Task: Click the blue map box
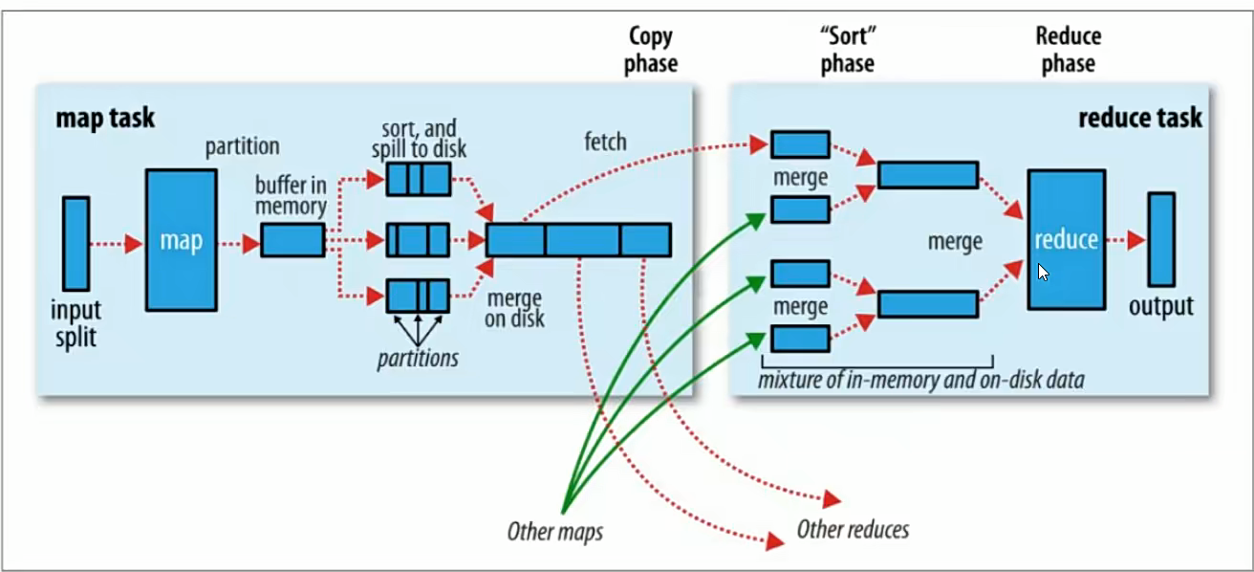(181, 239)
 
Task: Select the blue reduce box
(1066, 239)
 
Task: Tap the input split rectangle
(76, 243)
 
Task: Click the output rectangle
(1161, 239)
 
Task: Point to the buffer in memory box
(292, 239)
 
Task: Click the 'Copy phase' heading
(652, 50)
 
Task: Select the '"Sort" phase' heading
(847, 50)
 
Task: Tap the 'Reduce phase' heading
(1069, 50)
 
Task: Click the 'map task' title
(105, 119)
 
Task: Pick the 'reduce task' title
(1140, 119)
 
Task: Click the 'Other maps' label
(555, 531)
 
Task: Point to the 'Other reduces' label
(853, 529)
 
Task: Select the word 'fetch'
(605, 143)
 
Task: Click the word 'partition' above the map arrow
(242, 146)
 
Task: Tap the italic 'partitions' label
(417, 359)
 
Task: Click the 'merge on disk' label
(514, 307)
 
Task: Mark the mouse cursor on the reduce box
(1043, 272)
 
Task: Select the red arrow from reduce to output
(1126, 240)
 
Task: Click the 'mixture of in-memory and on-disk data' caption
(921, 380)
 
